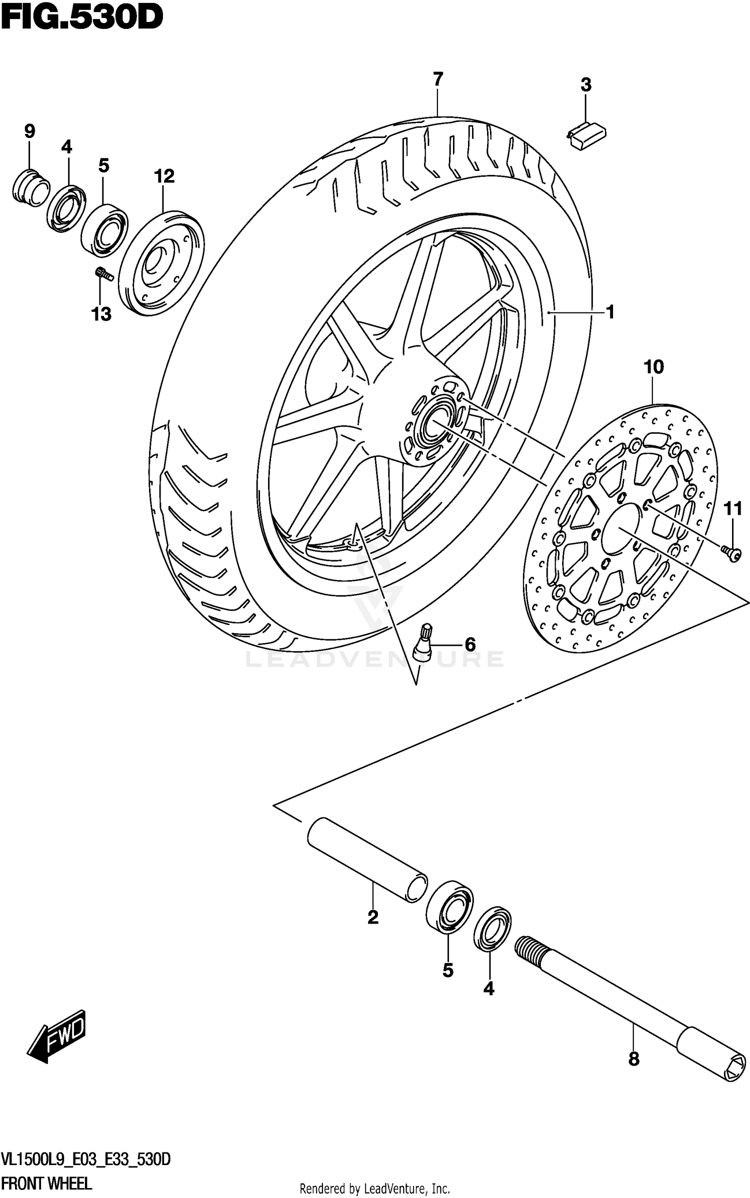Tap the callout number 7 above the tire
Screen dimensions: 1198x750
click(437, 79)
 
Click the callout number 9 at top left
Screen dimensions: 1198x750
click(29, 131)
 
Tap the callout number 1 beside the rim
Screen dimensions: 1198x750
click(609, 312)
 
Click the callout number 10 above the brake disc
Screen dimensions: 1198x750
click(653, 367)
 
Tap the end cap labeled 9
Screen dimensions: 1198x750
click(30, 188)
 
